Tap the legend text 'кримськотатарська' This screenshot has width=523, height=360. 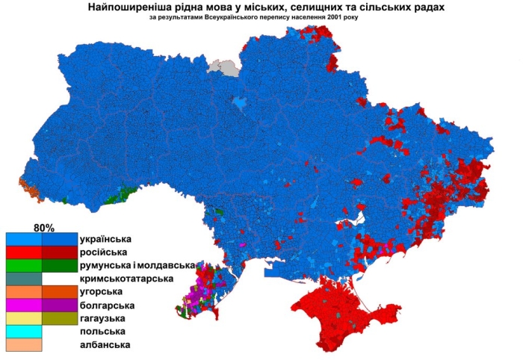click(126, 279)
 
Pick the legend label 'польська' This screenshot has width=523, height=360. click(102, 331)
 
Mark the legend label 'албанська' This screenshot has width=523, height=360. click(105, 344)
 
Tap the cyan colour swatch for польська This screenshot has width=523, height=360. click(24, 332)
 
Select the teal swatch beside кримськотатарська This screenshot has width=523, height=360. click(24, 279)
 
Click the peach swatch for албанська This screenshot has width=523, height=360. click(24, 344)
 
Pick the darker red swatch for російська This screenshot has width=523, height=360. click(60, 252)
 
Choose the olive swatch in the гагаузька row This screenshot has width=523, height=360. click(60, 318)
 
